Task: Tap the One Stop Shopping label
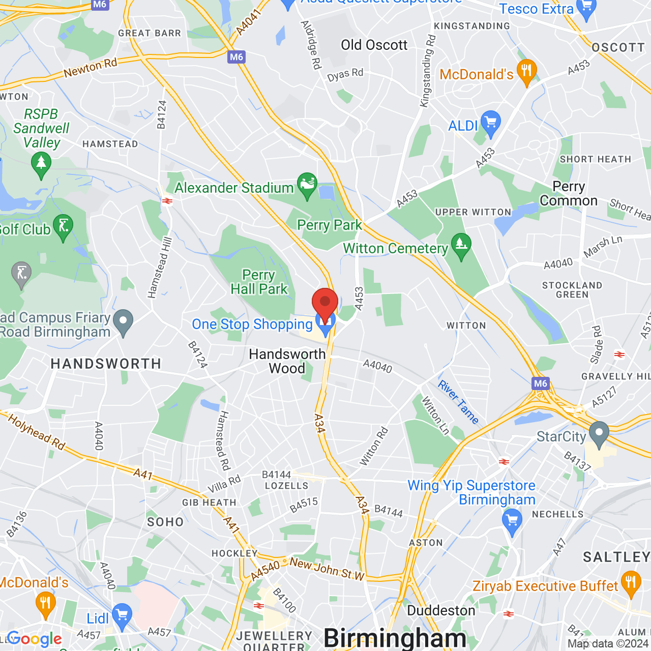tap(252, 324)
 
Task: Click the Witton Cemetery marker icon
tap(461, 246)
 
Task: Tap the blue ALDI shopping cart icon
tap(490, 123)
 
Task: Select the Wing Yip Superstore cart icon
tap(512, 522)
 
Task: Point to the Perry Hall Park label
tap(259, 282)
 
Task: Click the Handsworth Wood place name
tap(287, 361)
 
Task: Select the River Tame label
tap(458, 402)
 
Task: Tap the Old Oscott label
tap(374, 45)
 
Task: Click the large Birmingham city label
tap(395, 638)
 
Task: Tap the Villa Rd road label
tap(224, 485)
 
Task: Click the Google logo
tap(35, 639)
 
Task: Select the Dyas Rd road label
tap(345, 75)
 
